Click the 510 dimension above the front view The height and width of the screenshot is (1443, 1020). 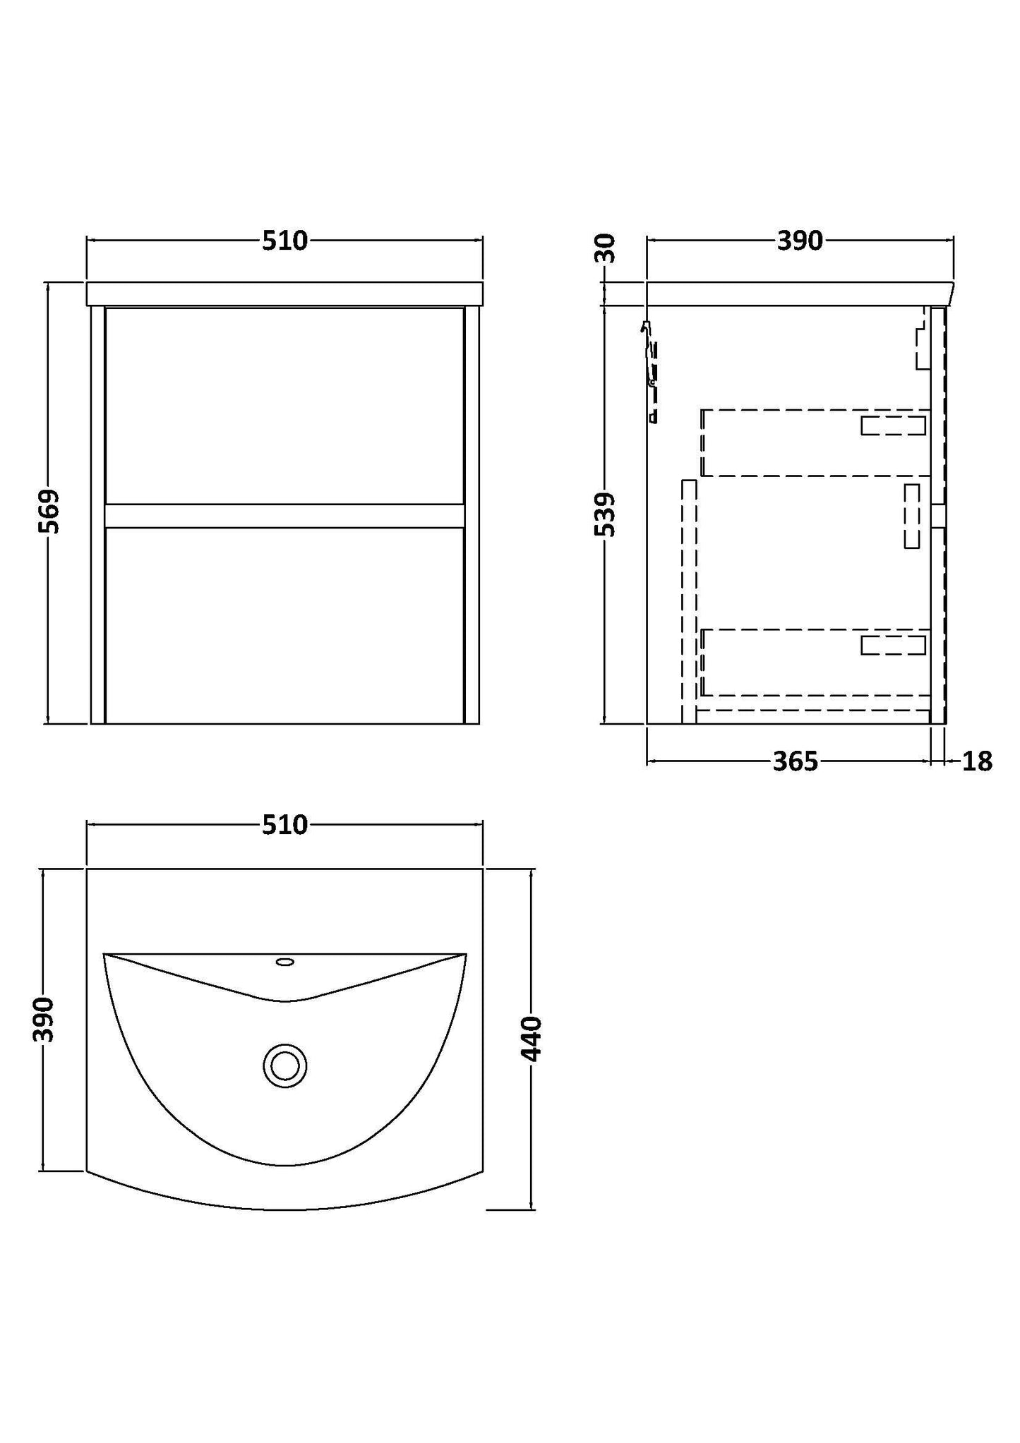click(284, 241)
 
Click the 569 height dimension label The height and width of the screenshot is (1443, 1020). click(49, 512)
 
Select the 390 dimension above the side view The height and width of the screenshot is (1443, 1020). click(800, 241)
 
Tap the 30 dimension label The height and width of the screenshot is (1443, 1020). click(606, 249)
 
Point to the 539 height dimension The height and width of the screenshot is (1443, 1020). click(606, 515)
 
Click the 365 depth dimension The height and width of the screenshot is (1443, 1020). click(795, 762)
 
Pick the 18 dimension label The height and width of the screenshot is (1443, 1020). click(977, 762)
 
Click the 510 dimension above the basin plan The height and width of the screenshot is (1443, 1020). click(284, 825)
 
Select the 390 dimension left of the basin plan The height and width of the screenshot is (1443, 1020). click(44, 1020)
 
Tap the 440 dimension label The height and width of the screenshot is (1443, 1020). click(531, 1039)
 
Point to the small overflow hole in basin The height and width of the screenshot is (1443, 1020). click(285, 961)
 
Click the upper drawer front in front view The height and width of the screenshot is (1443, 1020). click(284, 406)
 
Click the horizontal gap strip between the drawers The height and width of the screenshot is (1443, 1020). click(284, 516)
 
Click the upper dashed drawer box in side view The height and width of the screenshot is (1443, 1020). click(812, 442)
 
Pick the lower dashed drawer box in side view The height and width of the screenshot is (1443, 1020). click(812, 662)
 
